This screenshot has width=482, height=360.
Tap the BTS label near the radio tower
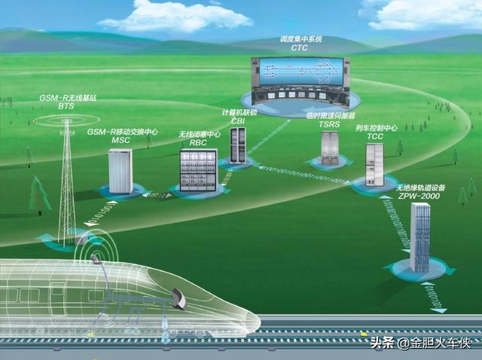[66, 107]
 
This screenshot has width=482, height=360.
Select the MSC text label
[120, 141]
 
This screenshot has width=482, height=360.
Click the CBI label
[237, 121]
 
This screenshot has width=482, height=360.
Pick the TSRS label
[329, 125]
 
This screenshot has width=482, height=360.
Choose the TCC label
[374, 138]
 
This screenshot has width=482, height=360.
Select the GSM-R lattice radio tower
[67, 181]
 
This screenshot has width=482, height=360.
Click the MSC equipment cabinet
[120, 171]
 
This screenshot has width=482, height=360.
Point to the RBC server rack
[198, 169]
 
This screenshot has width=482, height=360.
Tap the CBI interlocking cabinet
[238, 145]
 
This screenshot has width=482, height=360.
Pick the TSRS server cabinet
[330, 148]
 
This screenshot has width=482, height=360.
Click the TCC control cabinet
[374, 164]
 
